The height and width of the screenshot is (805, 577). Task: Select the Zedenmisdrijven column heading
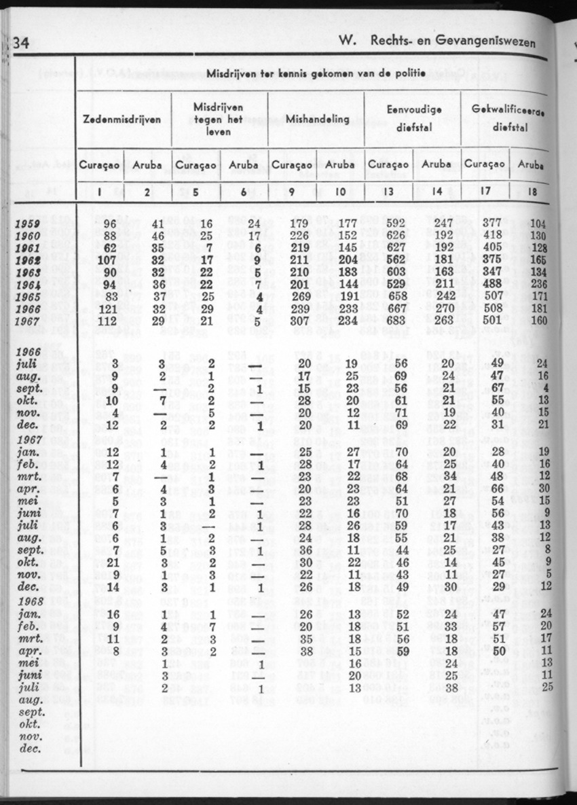[122, 119]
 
